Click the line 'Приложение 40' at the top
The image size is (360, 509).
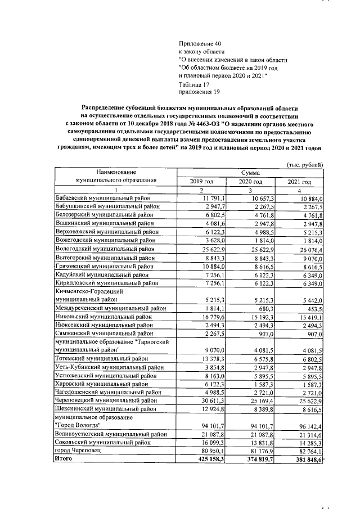(x=201, y=43)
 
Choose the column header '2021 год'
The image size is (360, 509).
(x=299, y=182)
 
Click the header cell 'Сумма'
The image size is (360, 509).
(x=251, y=173)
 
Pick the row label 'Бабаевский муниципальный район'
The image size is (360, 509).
(x=103, y=199)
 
